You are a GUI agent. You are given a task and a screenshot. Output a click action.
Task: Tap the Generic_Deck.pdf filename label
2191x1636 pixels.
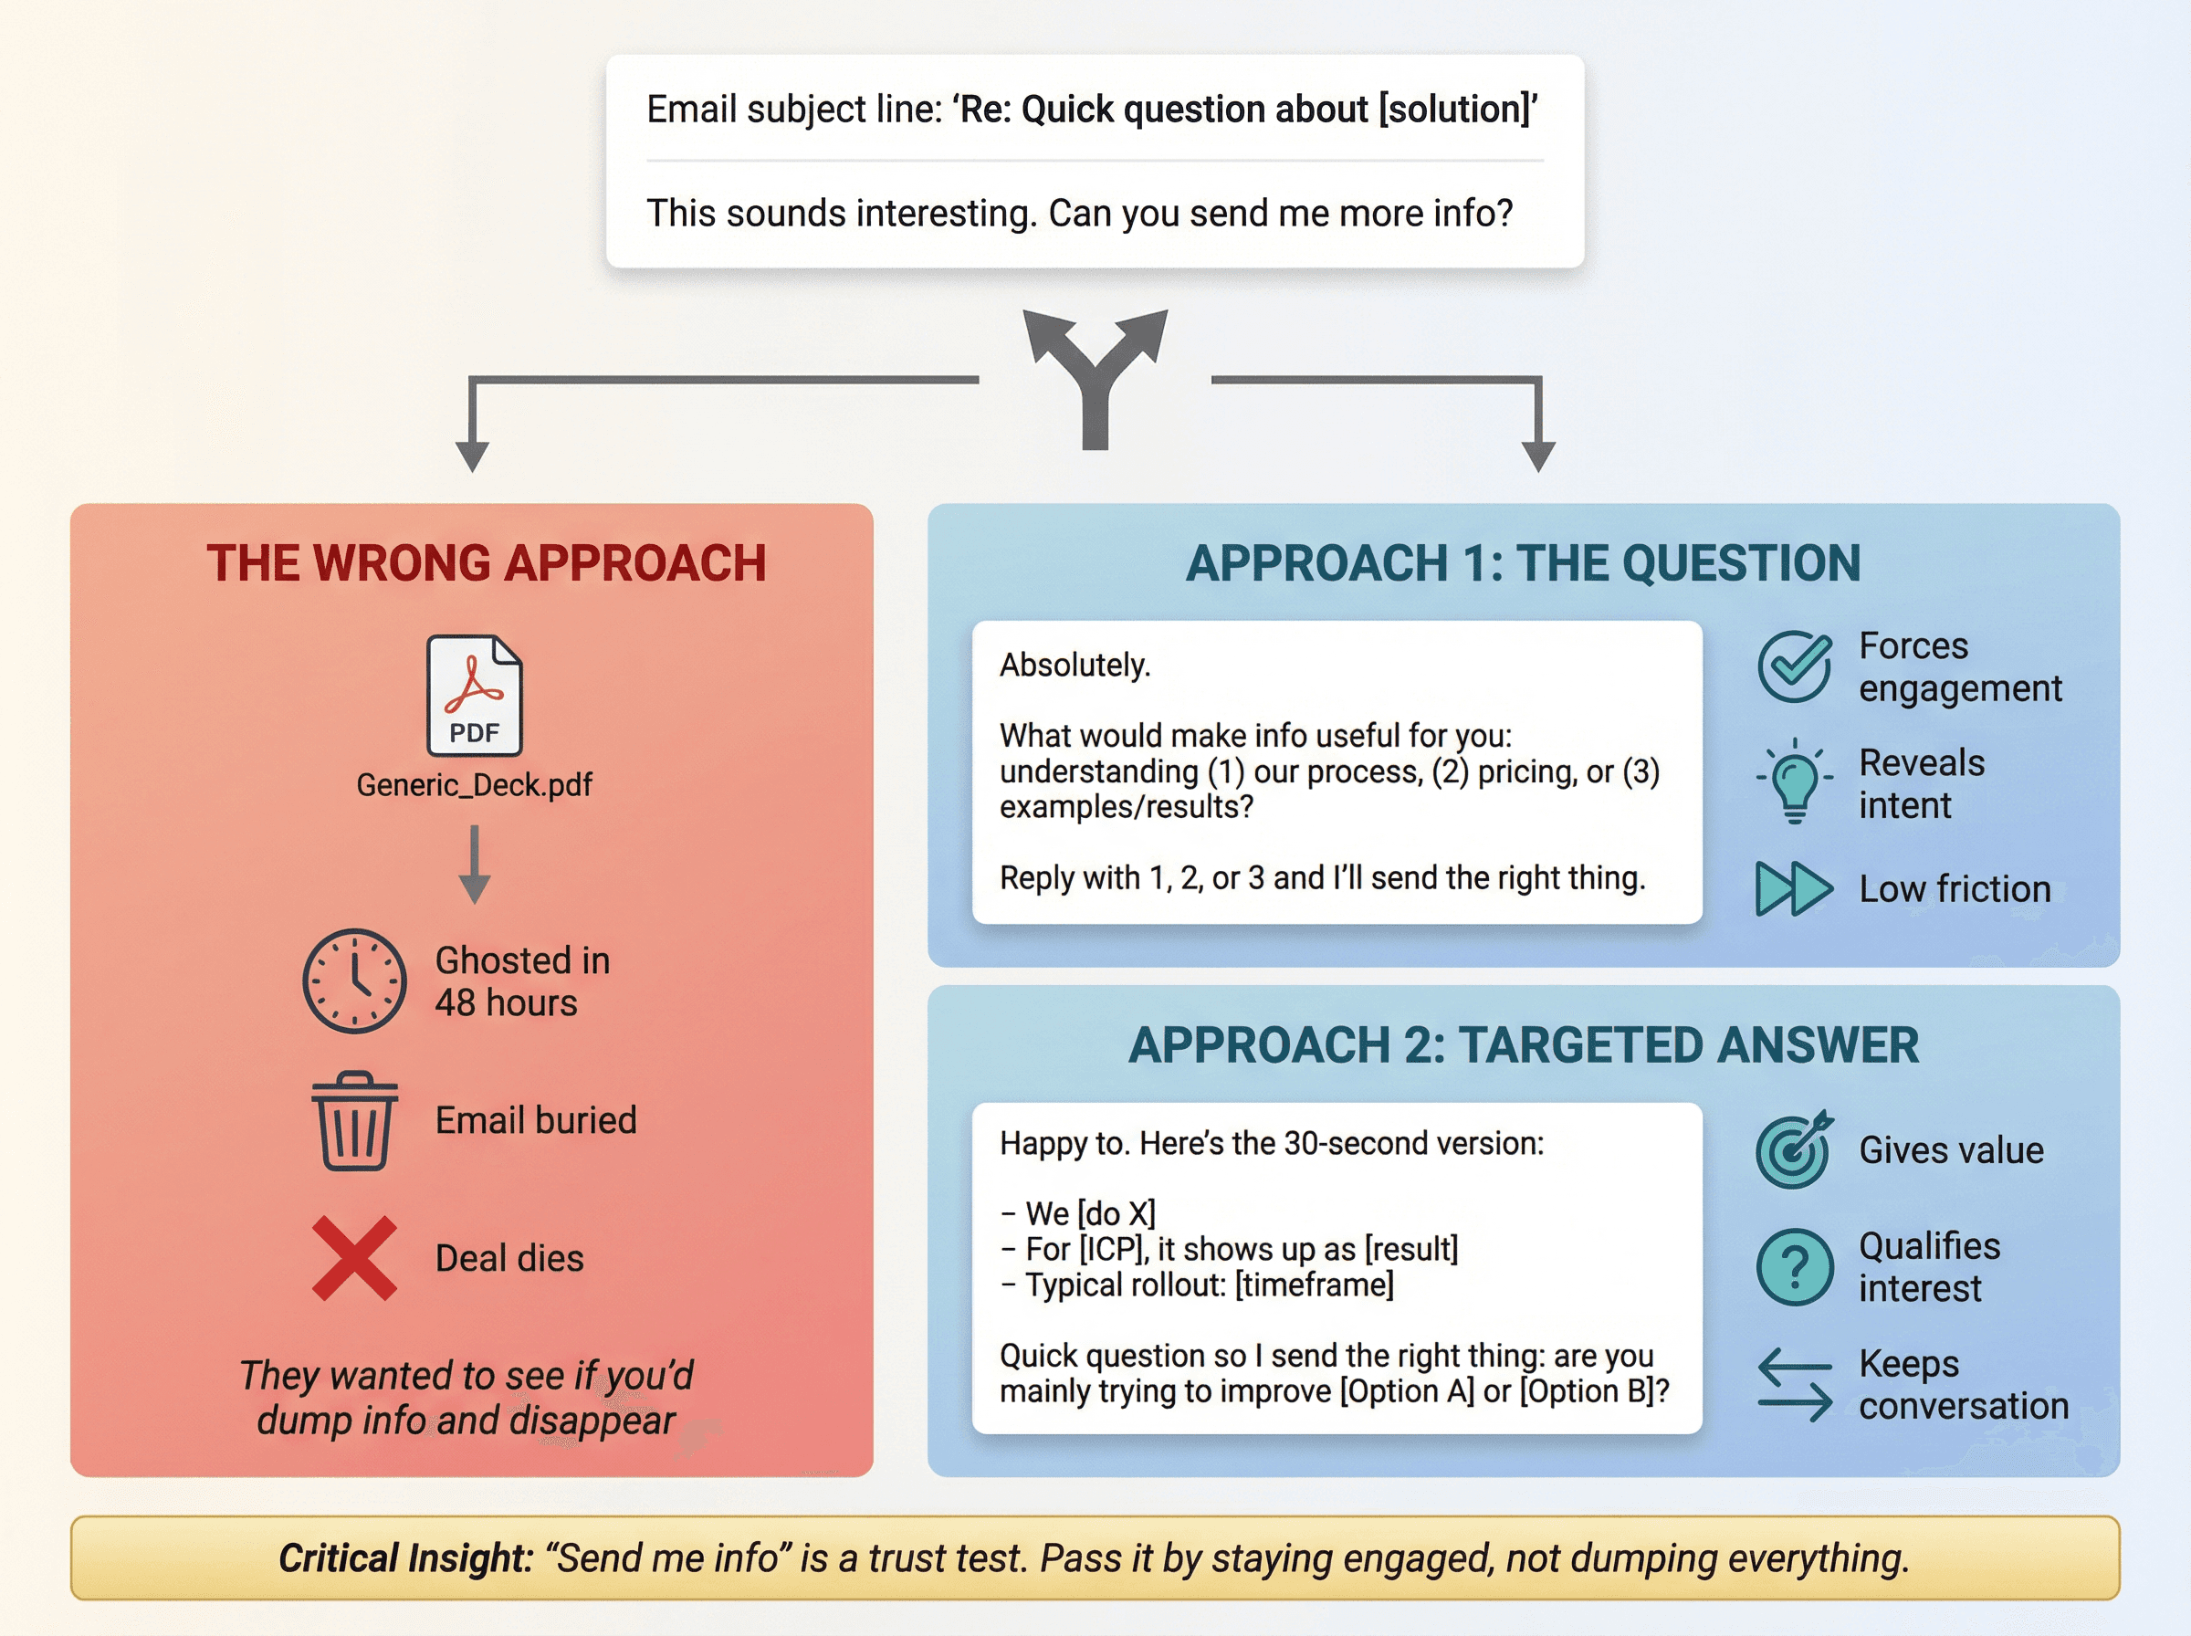[x=474, y=784]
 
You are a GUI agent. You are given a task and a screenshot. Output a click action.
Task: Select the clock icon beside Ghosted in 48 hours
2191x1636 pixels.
[x=353, y=981]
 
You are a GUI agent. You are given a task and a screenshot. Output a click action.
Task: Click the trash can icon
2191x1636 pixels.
[x=354, y=1120]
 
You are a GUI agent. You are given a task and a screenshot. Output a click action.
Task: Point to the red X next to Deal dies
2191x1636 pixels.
[x=353, y=1258]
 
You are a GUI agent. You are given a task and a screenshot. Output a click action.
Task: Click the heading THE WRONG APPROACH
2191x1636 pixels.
[x=486, y=563]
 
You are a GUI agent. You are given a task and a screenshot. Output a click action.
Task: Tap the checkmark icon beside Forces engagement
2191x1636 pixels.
[x=1793, y=666]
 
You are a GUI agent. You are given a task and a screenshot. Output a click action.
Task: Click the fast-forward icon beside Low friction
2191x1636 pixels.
[x=1793, y=888]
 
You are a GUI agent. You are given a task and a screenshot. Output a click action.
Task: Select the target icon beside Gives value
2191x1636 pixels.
[x=1793, y=1149]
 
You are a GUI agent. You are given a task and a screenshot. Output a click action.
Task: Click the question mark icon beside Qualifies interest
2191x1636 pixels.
[x=1794, y=1266]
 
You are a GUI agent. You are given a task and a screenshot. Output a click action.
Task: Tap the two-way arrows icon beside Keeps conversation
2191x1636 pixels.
[x=1794, y=1384]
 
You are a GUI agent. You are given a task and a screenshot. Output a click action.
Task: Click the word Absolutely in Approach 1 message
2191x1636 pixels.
[x=1075, y=665]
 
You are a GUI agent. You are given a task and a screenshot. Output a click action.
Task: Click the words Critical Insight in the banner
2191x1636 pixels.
[x=405, y=1557]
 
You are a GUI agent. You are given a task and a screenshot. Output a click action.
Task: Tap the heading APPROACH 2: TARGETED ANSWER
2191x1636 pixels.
[x=1523, y=1045]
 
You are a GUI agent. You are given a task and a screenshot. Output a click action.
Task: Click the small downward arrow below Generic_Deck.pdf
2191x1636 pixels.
[x=474, y=864]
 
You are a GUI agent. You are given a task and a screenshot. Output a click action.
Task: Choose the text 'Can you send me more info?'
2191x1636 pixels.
[x=1280, y=213]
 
